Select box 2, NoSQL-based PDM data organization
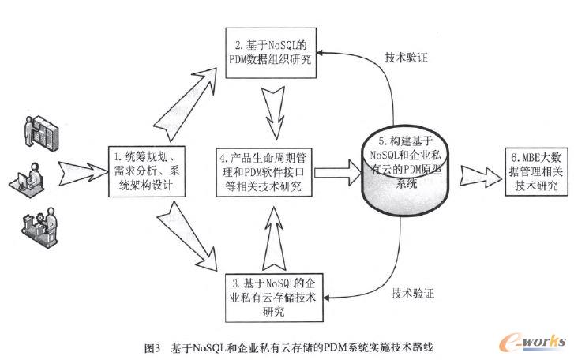click(x=268, y=50)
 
